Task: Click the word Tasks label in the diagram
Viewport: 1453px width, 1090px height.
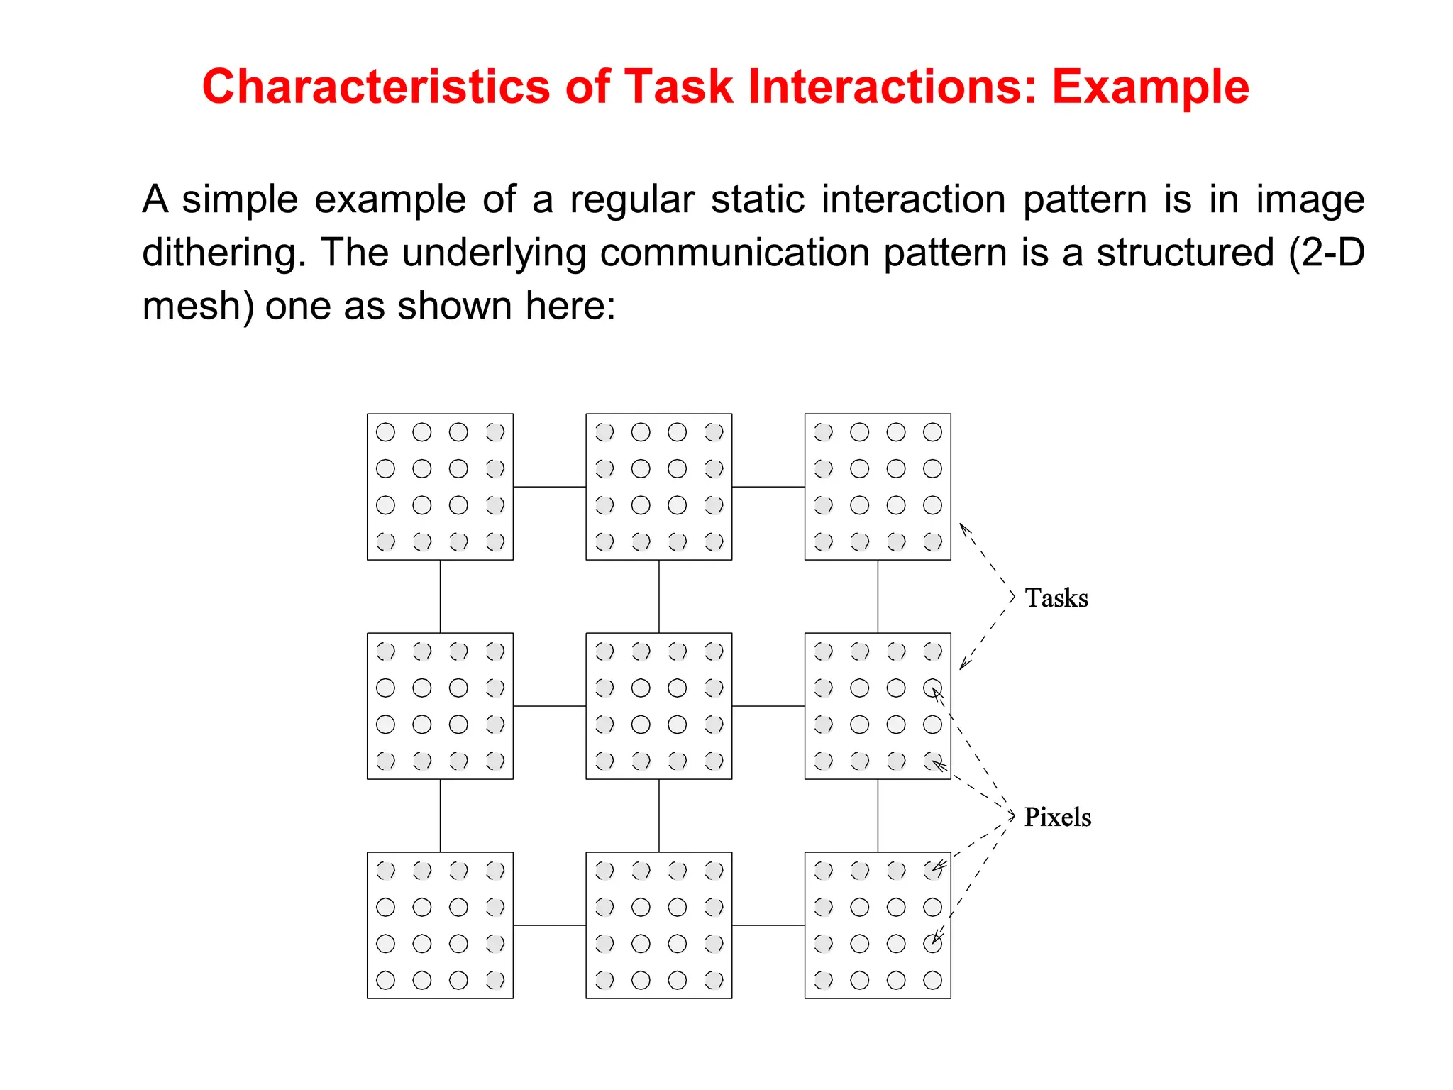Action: (1056, 598)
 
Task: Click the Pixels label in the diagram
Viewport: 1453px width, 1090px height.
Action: (1057, 817)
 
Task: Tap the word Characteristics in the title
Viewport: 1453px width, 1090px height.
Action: (375, 87)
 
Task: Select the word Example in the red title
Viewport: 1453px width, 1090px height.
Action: (1150, 87)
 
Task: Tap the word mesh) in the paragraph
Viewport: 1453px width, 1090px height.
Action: (197, 306)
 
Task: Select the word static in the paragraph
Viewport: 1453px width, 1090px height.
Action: (758, 199)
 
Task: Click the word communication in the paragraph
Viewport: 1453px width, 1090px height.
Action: (734, 253)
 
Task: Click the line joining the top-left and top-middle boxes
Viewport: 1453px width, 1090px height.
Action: (549, 487)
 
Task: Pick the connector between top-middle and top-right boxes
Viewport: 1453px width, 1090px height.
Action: (768, 487)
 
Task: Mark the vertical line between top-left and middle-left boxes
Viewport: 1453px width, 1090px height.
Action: (440, 596)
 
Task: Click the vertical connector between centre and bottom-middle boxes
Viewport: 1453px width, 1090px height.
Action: (659, 815)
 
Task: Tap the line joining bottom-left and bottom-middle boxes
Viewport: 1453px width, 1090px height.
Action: (549, 925)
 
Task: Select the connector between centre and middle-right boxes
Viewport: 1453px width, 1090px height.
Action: (768, 706)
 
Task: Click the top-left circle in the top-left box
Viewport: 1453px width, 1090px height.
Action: (385, 432)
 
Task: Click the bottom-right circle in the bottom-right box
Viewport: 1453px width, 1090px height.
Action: (932, 980)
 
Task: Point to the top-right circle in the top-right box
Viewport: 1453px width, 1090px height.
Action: (932, 432)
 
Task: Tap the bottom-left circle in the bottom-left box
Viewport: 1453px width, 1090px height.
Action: (385, 980)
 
